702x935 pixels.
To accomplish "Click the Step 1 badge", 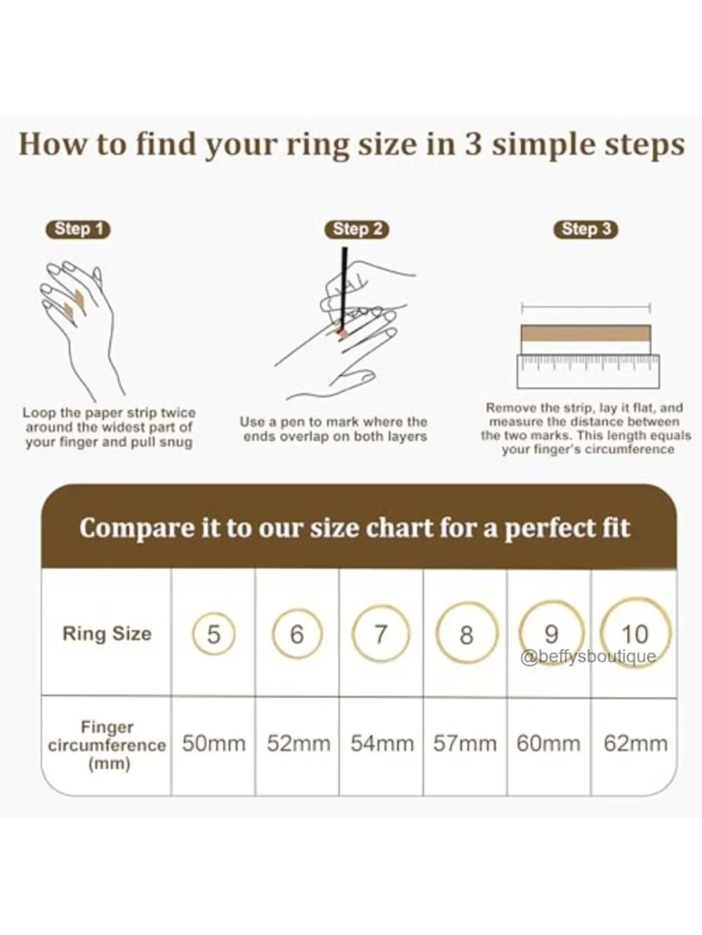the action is pos(78,229).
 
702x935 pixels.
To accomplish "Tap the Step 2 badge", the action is pos(357,229).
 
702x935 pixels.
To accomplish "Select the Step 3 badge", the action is pos(586,229).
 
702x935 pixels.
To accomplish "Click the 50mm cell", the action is pos(213,744).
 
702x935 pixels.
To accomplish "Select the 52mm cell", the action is pos(298,744).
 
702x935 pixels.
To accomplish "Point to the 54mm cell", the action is pos(383,744).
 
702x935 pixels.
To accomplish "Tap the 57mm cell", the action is pos(465,744).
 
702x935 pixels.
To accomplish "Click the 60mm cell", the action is pos(548,744).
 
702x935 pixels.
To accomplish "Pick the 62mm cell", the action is pos(635,744).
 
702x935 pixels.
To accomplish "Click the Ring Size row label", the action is pos(107,633).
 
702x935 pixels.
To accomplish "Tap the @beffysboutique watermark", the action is pos(588,657).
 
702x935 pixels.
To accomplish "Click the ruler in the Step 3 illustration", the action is pos(588,372).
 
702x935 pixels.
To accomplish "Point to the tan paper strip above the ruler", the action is pos(585,333).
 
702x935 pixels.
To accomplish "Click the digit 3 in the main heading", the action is pos(473,145).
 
